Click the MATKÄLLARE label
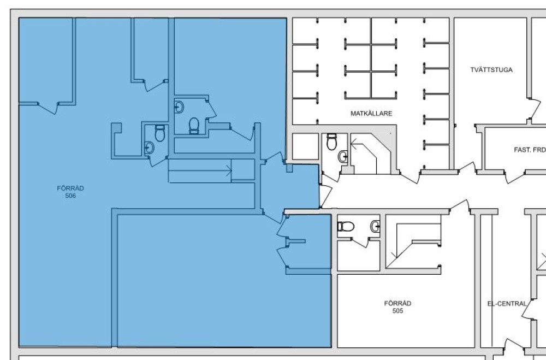[371, 114]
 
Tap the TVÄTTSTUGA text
[491, 70]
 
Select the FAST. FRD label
[530, 150]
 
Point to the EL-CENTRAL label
[507, 304]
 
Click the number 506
[70, 196]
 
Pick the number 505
[397, 311]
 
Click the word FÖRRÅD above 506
[70, 188]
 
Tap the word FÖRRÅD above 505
[397, 303]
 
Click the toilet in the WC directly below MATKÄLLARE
[331, 142]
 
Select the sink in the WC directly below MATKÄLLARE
[343, 156]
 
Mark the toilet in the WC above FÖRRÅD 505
[346, 227]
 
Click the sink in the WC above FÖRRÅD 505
[376, 227]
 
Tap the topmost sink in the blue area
[179, 107]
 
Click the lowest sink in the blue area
[149, 147]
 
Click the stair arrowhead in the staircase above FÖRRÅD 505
[394, 255]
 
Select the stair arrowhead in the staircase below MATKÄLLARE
[354, 143]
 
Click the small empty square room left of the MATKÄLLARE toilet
[305, 146]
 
